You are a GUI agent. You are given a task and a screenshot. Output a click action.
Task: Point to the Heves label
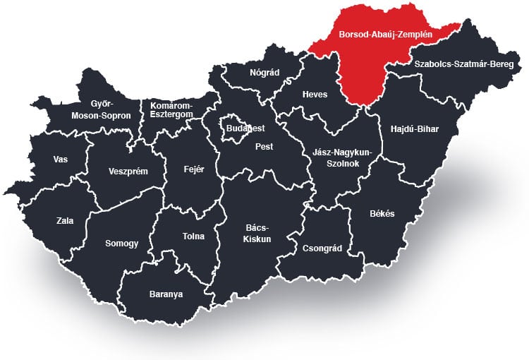click(315, 95)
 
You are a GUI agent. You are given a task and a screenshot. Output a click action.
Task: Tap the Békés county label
click(382, 214)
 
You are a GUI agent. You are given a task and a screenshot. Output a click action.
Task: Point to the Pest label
click(264, 147)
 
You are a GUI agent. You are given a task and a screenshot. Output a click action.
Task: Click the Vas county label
click(61, 159)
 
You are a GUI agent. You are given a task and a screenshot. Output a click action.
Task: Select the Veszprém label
click(128, 171)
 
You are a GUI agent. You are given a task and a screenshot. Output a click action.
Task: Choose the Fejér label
click(193, 169)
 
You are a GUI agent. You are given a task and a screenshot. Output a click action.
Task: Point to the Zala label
click(65, 220)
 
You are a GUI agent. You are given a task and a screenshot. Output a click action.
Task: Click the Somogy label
click(122, 243)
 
